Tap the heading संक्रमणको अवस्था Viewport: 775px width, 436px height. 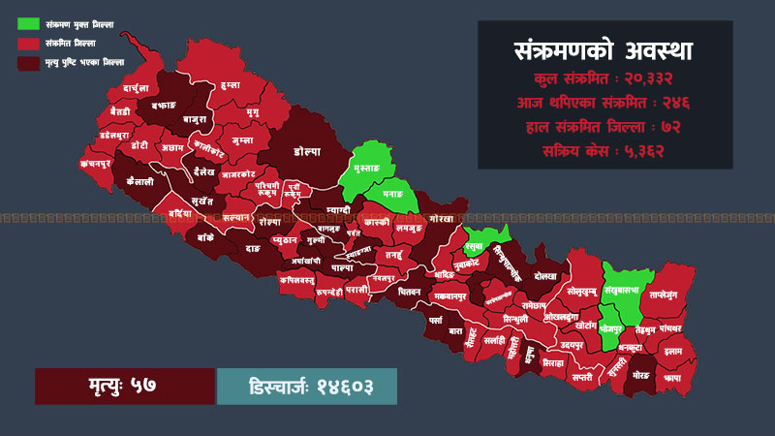[x=604, y=50]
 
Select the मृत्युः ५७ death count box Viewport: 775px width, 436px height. [x=124, y=386]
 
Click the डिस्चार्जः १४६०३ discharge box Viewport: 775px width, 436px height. [x=307, y=386]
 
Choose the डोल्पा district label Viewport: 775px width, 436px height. [x=307, y=152]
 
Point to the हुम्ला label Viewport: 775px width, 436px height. [x=230, y=86]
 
